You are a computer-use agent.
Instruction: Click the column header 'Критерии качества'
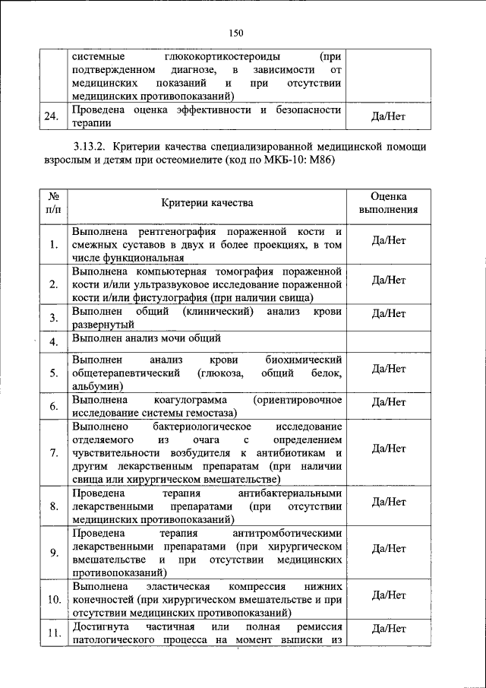(207, 202)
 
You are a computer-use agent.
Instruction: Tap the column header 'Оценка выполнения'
(389, 202)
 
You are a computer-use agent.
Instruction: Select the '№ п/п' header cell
(53, 202)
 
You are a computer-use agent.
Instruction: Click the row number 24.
(52, 116)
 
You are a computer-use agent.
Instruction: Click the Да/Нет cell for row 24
(389, 116)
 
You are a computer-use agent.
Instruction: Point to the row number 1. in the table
(53, 245)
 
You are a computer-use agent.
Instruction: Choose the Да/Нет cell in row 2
(389, 281)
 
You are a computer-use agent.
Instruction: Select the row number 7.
(53, 453)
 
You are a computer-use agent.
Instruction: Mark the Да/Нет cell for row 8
(389, 502)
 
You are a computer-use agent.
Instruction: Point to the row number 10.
(53, 599)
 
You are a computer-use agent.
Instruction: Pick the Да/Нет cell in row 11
(389, 629)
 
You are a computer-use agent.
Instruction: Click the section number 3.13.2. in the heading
(93, 146)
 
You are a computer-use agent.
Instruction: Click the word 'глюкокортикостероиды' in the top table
(221, 57)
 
